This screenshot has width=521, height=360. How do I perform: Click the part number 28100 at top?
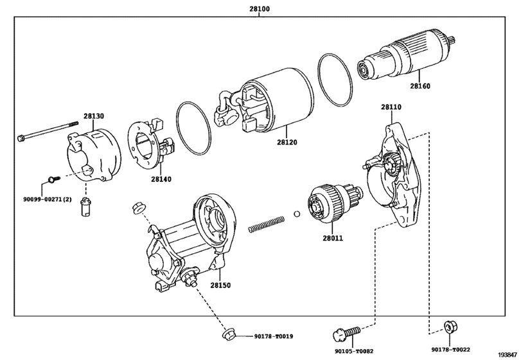click(260, 10)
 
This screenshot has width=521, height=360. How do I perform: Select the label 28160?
click(422, 85)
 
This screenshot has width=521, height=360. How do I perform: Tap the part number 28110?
click(391, 107)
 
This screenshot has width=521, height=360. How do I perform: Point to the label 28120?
click(288, 143)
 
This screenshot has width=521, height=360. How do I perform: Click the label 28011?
click(333, 239)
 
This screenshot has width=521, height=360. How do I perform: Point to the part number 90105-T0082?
click(353, 352)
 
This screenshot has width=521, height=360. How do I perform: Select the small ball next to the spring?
click(296, 213)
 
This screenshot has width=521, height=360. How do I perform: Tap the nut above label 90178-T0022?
click(448, 327)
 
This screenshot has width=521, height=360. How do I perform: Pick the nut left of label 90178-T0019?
click(227, 334)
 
